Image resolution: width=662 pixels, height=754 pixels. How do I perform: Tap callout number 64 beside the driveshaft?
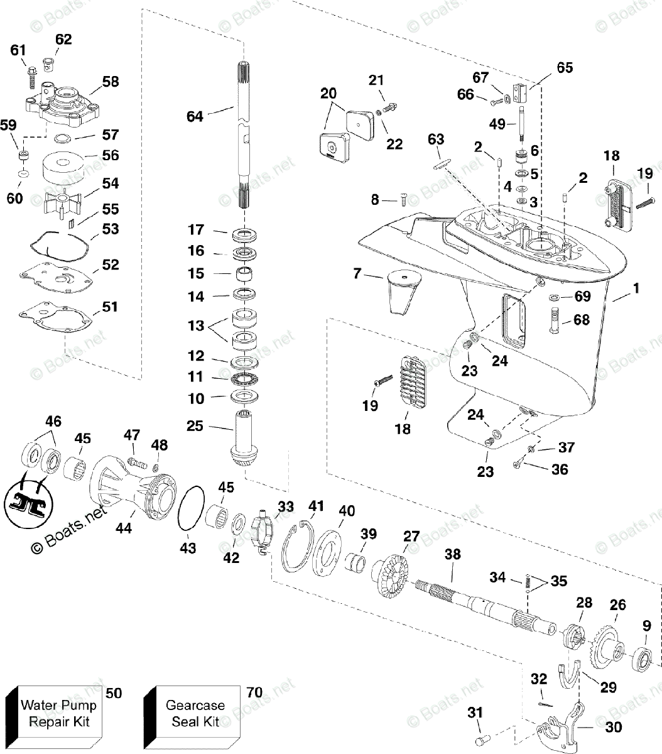click(195, 116)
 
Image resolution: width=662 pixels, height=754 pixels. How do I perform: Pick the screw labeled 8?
click(402, 200)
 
